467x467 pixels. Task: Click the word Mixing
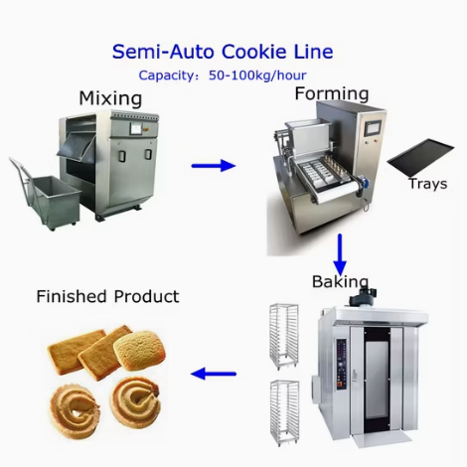pyautogui.click(x=110, y=98)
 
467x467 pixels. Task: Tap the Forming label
pyautogui.click(x=332, y=93)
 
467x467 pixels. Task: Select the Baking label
pyautogui.click(x=340, y=281)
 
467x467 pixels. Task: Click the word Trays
pyautogui.click(x=428, y=184)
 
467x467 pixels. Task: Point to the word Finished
pyautogui.click(x=72, y=296)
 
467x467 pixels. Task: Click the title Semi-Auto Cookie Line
pyautogui.click(x=223, y=52)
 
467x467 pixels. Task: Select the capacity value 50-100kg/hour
pyautogui.click(x=257, y=76)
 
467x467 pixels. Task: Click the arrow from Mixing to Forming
pyautogui.click(x=214, y=165)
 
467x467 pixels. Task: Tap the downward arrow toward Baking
pyautogui.click(x=340, y=254)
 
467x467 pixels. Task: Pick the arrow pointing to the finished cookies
pyautogui.click(x=214, y=374)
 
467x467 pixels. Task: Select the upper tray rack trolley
pyautogui.click(x=284, y=337)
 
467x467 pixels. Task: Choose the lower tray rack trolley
pyautogui.click(x=284, y=413)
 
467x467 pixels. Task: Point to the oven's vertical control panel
pyautogui.click(x=341, y=365)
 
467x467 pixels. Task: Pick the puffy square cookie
pyautogui.click(x=139, y=352)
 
